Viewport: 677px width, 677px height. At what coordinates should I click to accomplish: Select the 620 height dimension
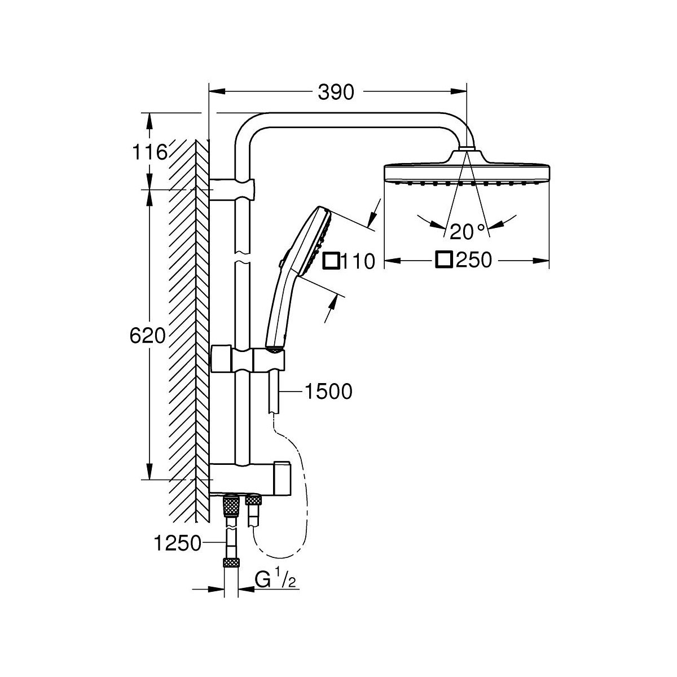pyautogui.click(x=147, y=336)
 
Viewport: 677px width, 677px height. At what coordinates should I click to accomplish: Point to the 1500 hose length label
pyautogui.click(x=327, y=390)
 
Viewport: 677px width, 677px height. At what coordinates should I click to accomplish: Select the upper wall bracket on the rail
pyautogui.click(x=232, y=188)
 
